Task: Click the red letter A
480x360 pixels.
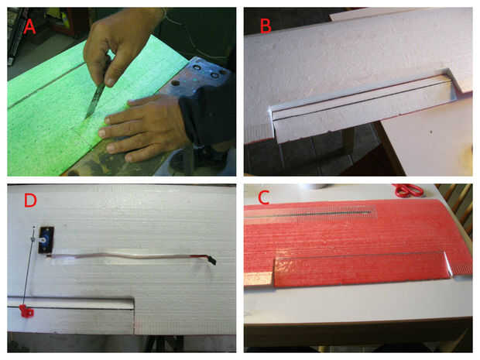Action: (29, 26)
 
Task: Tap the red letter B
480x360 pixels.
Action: (266, 26)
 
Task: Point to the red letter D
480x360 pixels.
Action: (30, 200)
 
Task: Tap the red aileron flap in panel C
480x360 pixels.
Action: (362, 269)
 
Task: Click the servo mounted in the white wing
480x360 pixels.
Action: (46, 240)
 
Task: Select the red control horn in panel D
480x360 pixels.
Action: (26, 310)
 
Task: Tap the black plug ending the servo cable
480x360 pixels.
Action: (212, 260)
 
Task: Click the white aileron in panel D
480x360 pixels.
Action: (70, 315)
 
